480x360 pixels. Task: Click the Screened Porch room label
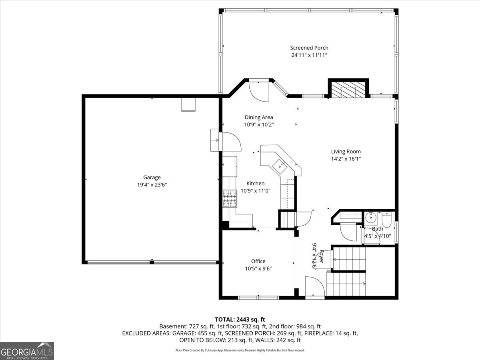click(x=309, y=48)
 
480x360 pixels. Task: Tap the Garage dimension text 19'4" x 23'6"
click(x=152, y=185)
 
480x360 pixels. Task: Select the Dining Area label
click(x=259, y=117)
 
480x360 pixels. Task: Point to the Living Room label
click(x=346, y=152)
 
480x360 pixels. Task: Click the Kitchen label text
click(x=256, y=183)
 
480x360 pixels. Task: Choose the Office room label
click(x=258, y=261)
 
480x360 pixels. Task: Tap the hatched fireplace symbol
click(x=348, y=90)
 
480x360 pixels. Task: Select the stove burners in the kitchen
click(x=230, y=198)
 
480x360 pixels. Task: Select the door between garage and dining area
click(x=231, y=142)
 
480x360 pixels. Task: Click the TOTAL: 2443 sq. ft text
click(x=240, y=320)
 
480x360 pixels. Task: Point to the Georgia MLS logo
click(x=27, y=351)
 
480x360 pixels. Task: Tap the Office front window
click(x=258, y=298)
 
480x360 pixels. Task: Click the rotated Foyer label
click(x=321, y=256)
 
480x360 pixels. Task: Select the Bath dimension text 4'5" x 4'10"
click(x=378, y=236)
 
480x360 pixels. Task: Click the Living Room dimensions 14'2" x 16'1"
click(x=346, y=159)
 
